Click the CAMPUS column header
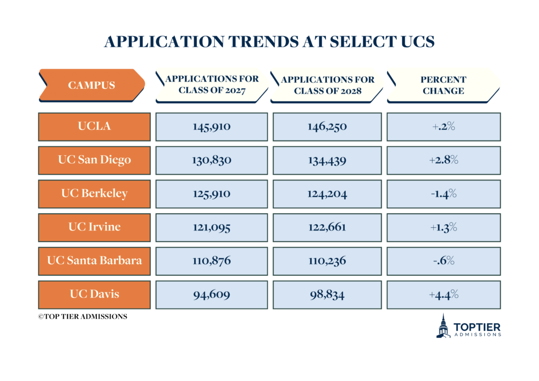coord(92,85)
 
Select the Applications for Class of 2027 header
coord(212,85)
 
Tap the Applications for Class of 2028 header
coord(327,85)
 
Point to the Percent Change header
coord(443,85)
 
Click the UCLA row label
coord(94,127)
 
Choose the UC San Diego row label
coord(94,160)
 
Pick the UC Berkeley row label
coord(94,194)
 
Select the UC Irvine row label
coord(94,227)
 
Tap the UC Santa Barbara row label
coord(94,260)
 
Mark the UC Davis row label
coord(94,294)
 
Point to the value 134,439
coord(327,161)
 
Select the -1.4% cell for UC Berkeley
coord(443,194)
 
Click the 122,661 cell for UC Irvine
coord(327,227)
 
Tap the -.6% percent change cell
coord(443,261)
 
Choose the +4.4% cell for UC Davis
coord(443,295)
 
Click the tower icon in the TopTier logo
coord(444,326)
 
